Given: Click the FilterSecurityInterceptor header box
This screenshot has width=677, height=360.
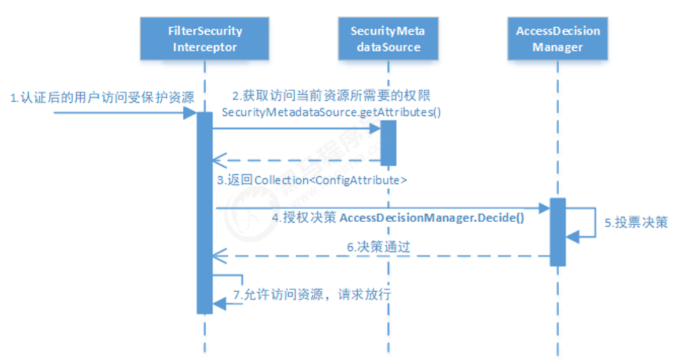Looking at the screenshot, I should pos(204,39).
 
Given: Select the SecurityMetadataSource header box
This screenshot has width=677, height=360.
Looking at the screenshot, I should pos(385,39).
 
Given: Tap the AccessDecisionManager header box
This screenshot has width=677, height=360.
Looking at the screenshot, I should pos(557,39).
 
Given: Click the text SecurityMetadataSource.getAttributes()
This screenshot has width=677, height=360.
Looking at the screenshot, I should pos(332,111).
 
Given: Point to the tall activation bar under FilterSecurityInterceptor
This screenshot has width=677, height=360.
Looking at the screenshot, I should pos(204,213).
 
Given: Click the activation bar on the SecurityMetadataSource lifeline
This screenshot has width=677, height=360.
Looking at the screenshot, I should pos(388,143).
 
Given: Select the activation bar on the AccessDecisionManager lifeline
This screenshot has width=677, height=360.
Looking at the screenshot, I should pos(557,232).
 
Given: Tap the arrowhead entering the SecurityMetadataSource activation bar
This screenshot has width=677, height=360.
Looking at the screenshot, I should pos(375,128).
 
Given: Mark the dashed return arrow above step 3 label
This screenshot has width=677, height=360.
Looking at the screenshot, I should pos(295,160).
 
